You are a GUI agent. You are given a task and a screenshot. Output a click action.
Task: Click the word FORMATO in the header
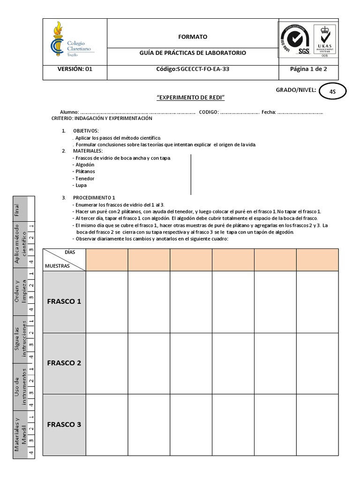[192, 37]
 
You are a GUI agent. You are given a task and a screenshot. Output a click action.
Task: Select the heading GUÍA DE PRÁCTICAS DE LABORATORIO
[192, 53]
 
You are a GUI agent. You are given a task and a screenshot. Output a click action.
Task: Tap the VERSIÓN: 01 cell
[75, 69]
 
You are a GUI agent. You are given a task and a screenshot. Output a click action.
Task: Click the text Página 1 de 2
[308, 69]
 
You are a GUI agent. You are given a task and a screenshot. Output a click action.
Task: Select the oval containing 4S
[332, 92]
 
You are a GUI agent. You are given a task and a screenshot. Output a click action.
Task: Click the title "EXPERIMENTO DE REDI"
[191, 97]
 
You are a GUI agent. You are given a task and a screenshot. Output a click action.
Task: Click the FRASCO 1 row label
[64, 301]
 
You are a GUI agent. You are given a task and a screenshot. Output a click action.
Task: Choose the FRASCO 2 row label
[64, 363]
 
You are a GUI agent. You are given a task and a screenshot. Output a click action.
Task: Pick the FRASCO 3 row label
[64, 425]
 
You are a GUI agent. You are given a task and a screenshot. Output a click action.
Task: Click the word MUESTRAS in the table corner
[57, 266]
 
